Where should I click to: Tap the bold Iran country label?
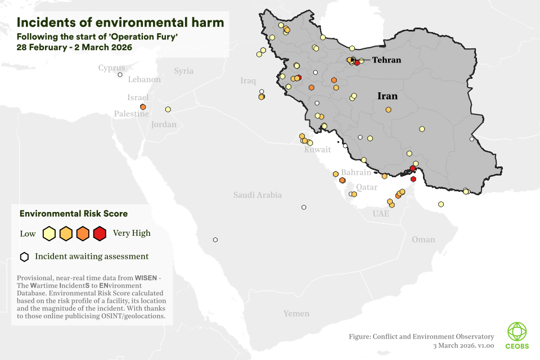pyautogui.click(x=387, y=96)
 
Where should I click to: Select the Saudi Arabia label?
pyautogui.click(x=258, y=195)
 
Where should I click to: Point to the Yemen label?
pyautogui.click(x=296, y=313)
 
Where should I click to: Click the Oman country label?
pyautogui.click(x=423, y=240)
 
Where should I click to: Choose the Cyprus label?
pyautogui.click(x=111, y=68)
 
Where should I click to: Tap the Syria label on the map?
pyautogui.click(x=183, y=71)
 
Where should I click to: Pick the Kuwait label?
pyautogui.click(x=317, y=150)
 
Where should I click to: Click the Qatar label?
pyautogui.click(x=366, y=187)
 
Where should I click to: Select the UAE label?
pyautogui.click(x=380, y=214)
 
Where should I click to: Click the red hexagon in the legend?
pyautogui.click(x=100, y=233)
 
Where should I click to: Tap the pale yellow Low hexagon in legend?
pyautogui.click(x=49, y=233)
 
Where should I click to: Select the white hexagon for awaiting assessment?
pyautogui.click(x=24, y=257)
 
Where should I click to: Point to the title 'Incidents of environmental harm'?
pyautogui.click(x=120, y=22)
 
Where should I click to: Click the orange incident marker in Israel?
pyautogui.click(x=143, y=107)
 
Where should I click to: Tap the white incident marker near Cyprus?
pyautogui.click(x=120, y=74)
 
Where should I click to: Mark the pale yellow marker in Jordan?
pyautogui.click(x=168, y=109)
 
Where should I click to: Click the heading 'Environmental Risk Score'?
pyautogui.click(x=73, y=214)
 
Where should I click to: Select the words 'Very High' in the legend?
pyautogui.click(x=132, y=233)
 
